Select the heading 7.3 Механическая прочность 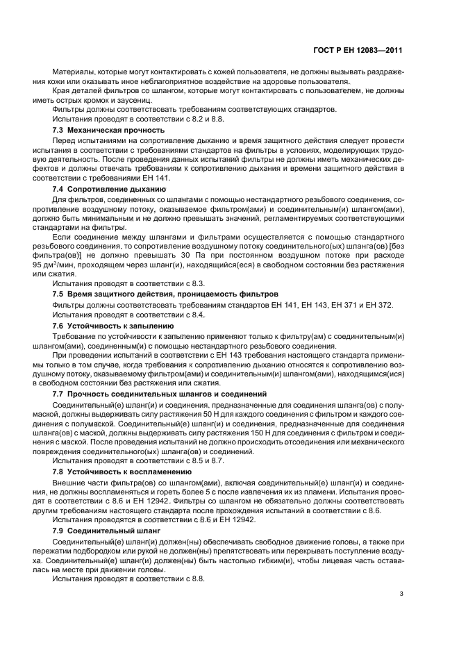[x=109, y=130]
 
